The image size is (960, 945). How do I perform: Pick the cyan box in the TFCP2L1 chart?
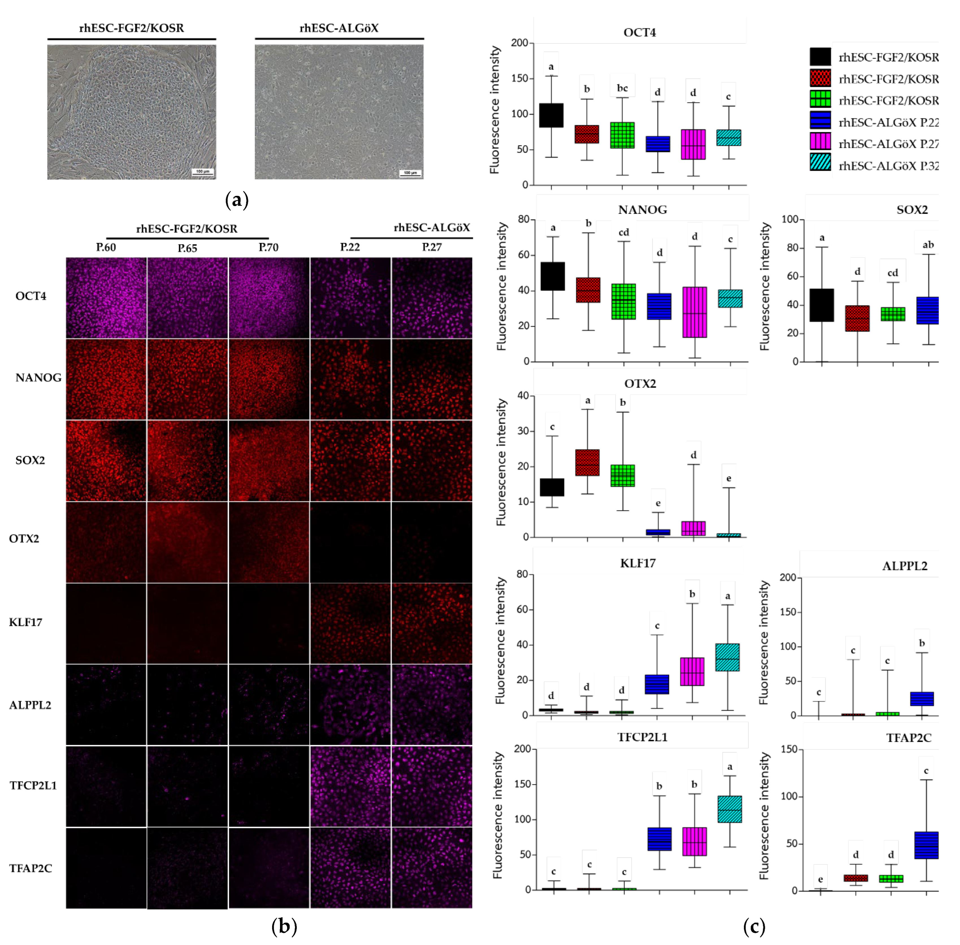coord(729,809)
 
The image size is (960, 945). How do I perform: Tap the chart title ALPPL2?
coord(904,566)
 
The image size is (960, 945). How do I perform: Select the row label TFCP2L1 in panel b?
coord(33,785)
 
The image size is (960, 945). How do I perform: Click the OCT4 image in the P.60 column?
coord(106,298)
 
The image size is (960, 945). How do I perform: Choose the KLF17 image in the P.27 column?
coord(432,623)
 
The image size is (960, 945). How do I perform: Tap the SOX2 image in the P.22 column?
coord(350,461)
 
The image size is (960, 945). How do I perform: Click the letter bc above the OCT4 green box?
coord(622,88)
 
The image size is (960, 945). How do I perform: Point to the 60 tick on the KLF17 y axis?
coord(522,610)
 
